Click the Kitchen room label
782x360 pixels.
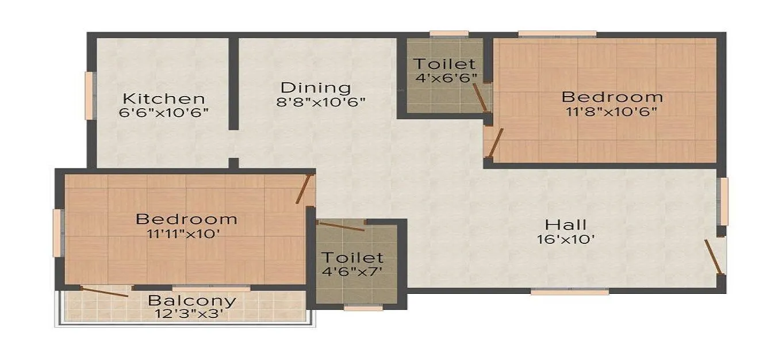[x=163, y=98]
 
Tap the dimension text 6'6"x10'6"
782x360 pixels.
[x=163, y=112]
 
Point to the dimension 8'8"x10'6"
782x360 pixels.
[x=321, y=102]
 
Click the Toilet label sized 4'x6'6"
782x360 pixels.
[x=444, y=63]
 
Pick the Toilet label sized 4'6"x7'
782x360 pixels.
[x=352, y=257]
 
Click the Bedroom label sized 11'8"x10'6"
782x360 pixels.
[x=612, y=96]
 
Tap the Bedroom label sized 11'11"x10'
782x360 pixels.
[x=186, y=219]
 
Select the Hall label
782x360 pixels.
[x=566, y=224]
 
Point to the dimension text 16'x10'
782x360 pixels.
[x=566, y=239]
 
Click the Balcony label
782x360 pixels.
[x=192, y=300]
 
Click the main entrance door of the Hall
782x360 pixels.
[x=714, y=257]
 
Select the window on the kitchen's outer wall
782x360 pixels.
[x=90, y=95]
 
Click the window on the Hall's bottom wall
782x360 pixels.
[x=569, y=292]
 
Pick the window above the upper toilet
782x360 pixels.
[x=448, y=34]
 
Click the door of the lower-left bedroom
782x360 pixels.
[x=304, y=189]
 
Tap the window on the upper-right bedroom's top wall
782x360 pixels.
[x=557, y=34]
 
